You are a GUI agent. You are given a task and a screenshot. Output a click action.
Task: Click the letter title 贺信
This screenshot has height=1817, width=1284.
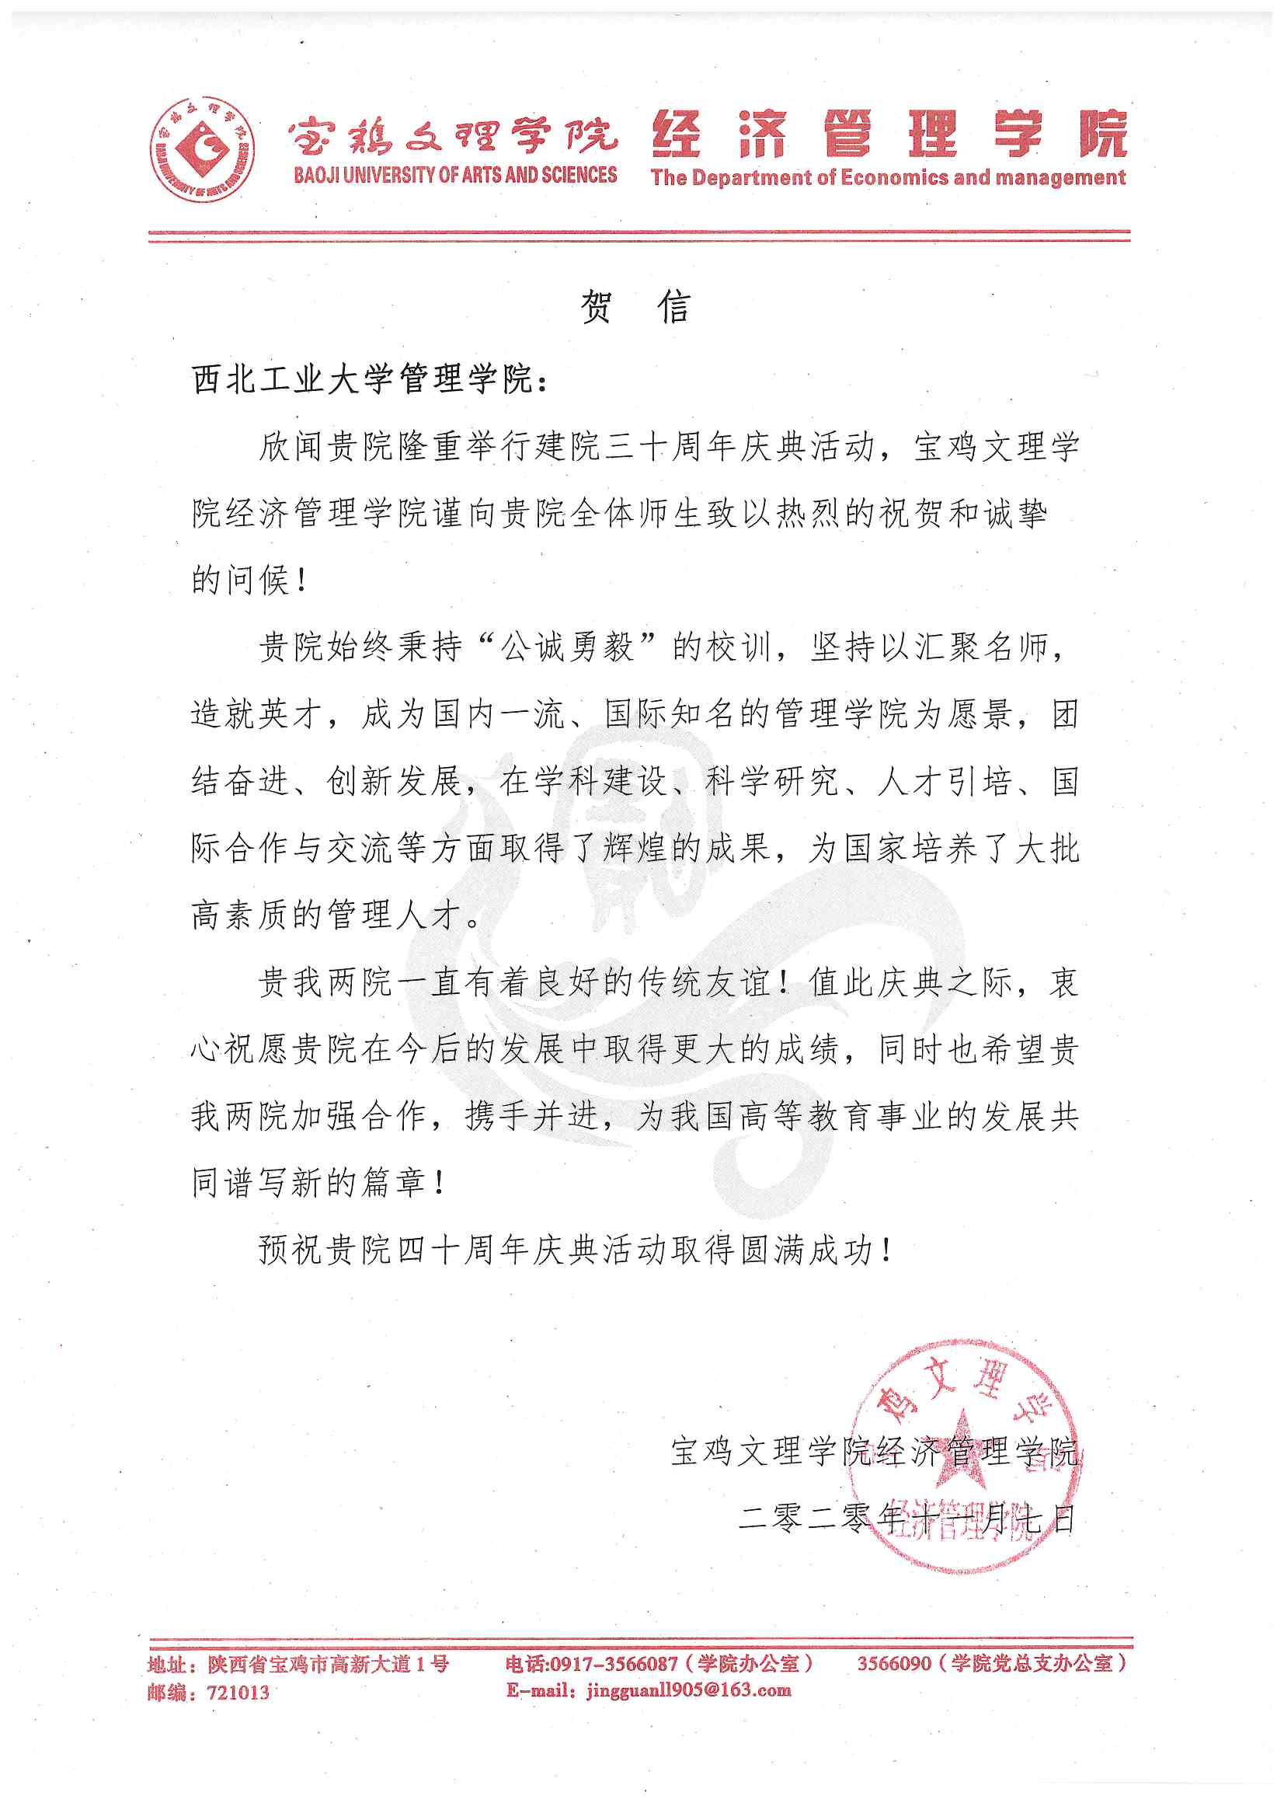point(635,305)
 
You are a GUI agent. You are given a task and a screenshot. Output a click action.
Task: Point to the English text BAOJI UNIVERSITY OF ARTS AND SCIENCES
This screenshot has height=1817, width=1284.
point(455,176)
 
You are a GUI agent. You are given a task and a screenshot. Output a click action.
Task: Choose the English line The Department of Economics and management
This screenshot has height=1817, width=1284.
point(888,177)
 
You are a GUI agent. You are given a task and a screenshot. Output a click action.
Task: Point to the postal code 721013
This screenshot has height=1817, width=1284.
point(237,1693)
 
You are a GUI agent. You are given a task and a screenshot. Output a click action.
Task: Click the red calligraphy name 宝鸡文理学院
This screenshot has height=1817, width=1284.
point(454,133)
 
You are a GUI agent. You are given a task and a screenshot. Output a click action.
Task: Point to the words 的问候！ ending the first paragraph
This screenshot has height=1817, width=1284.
point(249,581)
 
